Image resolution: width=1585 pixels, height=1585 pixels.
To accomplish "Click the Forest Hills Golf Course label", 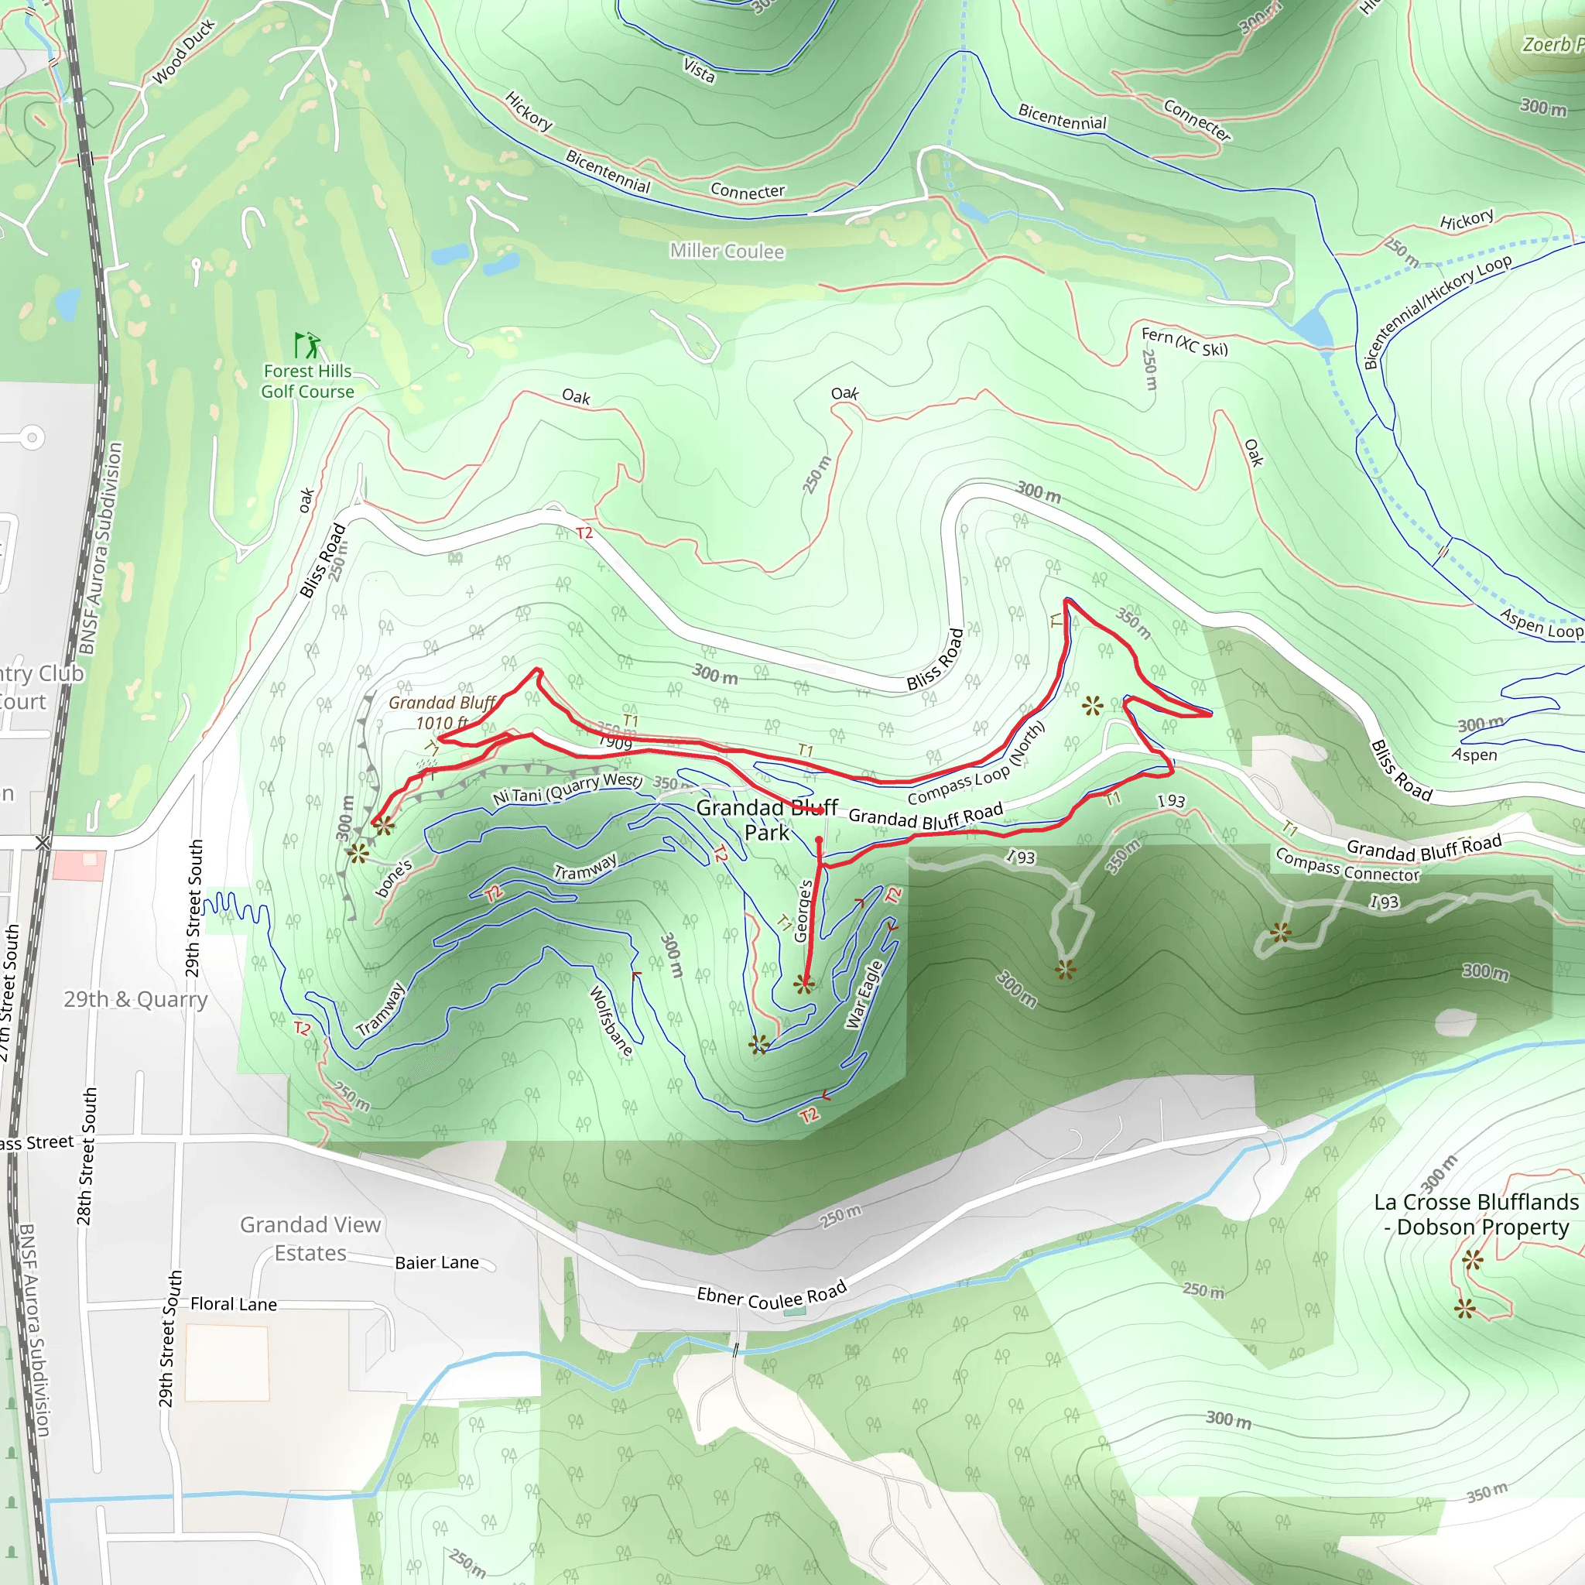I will [x=308, y=382].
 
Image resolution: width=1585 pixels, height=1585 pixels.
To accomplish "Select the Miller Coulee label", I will [x=727, y=251].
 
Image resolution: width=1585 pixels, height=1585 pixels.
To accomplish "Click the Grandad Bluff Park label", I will [x=766, y=820].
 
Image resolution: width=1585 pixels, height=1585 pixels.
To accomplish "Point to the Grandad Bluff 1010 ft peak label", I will [x=442, y=712].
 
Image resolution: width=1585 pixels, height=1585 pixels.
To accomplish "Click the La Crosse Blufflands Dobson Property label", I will [x=1476, y=1214].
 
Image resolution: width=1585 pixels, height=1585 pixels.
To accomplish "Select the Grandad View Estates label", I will [x=310, y=1239].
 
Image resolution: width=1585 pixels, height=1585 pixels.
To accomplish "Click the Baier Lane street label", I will [x=436, y=1262].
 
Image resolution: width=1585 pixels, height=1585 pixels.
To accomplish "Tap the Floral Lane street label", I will [x=234, y=1303].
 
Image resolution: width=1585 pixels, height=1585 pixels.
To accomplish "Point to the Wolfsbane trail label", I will [x=612, y=1021].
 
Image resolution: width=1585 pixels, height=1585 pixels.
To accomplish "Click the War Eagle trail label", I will [x=864, y=994].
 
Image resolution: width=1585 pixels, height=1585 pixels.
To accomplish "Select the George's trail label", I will [x=804, y=911].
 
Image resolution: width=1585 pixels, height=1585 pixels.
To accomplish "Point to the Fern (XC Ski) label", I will [x=1184, y=341].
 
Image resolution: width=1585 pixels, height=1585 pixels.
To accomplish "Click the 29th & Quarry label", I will [x=135, y=999].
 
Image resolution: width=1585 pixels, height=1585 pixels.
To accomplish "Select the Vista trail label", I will [x=699, y=70].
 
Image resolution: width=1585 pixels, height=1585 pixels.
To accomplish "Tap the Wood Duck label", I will [x=183, y=52].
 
